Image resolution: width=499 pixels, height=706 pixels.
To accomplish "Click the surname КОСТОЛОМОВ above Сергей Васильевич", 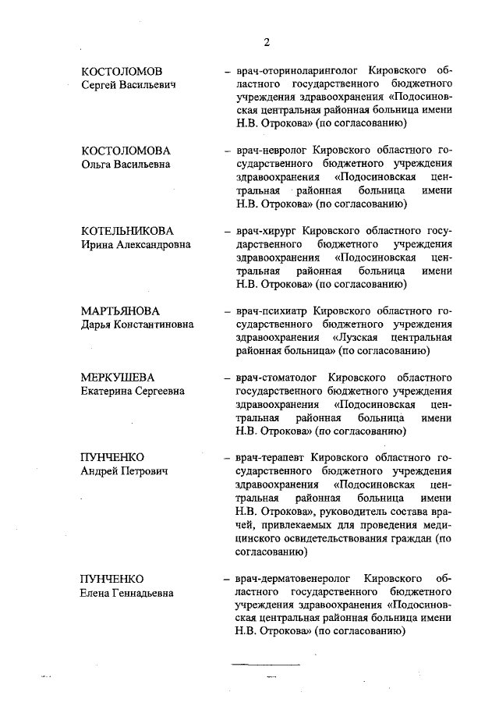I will point(122,71).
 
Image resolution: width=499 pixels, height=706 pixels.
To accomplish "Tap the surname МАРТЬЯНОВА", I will point(120,310).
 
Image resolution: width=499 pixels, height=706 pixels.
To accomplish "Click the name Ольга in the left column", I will point(98,164).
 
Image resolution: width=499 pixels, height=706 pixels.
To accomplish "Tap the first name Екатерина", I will point(108,390).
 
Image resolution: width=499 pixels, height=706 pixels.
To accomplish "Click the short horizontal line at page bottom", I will point(266,663).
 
